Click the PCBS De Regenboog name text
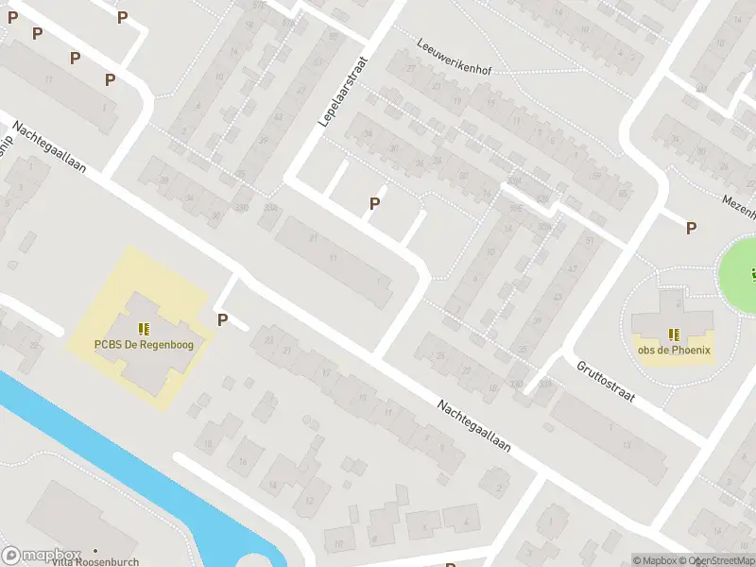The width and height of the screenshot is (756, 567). pos(144,345)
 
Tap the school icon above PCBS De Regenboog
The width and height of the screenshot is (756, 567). pos(144,329)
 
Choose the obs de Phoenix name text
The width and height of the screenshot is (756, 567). pos(675,350)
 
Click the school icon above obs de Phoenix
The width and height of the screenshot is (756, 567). pos(675,334)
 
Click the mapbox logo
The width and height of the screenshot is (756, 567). pos(42,555)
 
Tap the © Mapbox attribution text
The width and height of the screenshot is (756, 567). pos(655,560)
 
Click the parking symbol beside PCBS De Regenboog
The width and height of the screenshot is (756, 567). pos(223,319)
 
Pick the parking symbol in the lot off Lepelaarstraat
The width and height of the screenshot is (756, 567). pos(375,203)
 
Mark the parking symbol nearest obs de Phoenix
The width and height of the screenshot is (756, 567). pos(692,228)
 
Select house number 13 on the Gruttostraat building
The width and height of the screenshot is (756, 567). pos(627,444)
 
